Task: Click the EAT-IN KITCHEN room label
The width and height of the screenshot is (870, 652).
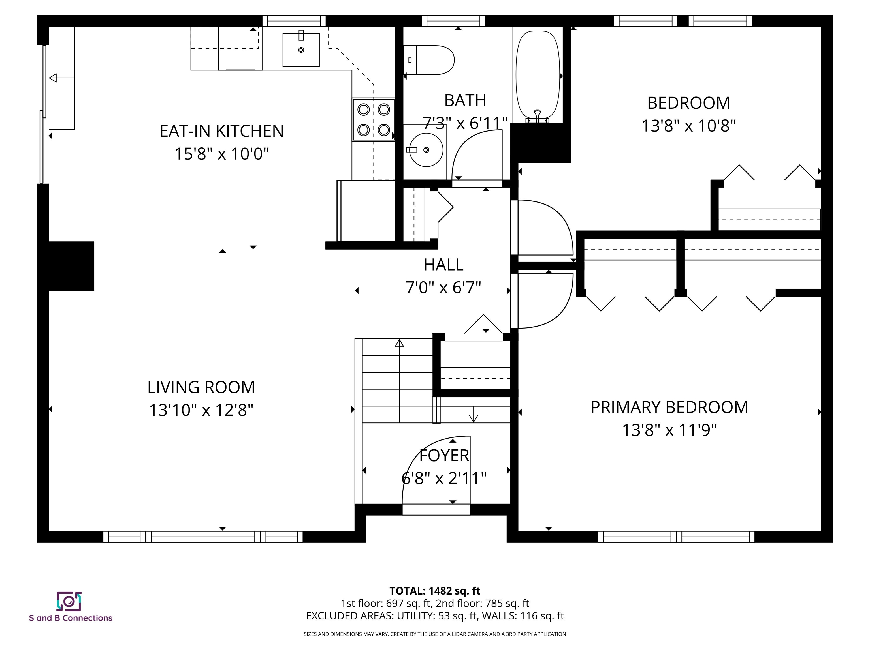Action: (x=221, y=131)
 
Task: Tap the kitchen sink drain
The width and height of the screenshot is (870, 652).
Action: (x=301, y=50)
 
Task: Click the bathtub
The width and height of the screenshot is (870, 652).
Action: (x=538, y=75)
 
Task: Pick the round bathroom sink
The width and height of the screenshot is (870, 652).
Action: (x=426, y=150)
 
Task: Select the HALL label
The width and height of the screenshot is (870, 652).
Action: (x=443, y=265)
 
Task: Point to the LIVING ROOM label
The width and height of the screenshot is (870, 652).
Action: (x=201, y=387)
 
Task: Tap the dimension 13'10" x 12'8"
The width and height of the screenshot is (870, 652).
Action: (x=201, y=410)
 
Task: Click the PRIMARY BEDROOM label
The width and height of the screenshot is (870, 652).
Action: (x=669, y=407)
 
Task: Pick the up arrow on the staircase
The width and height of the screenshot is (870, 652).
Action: (x=399, y=343)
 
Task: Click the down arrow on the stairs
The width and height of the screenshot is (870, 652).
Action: (x=474, y=418)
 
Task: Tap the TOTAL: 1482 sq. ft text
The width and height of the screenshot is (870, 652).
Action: (x=435, y=591)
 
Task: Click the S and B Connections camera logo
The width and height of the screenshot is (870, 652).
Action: (x=69, y=601)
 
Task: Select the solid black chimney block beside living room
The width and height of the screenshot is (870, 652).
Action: (x=71, y=266)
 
